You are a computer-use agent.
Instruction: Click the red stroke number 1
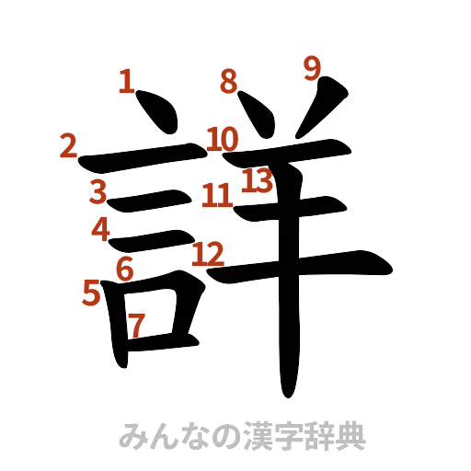(x=127, y=83)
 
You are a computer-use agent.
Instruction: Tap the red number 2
(x=68, y=146)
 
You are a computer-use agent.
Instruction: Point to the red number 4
(x=100, y=227)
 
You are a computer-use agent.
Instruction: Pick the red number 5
(x=91, y=293)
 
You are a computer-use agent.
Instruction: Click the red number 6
(x=126, y=269)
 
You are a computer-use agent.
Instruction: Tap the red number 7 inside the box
(x=136, y=325)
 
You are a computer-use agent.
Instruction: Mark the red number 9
(x=313, y=66)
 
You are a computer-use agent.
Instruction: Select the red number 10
(x=223, y=140)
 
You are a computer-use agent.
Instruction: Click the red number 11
(x=217, y=194)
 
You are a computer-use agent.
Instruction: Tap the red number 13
(x=258, y=181)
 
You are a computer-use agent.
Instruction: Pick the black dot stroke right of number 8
(x=256, y=112)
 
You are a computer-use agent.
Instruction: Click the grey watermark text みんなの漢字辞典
(x=243, y=435)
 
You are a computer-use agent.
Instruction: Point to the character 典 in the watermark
(x=350, y=435)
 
